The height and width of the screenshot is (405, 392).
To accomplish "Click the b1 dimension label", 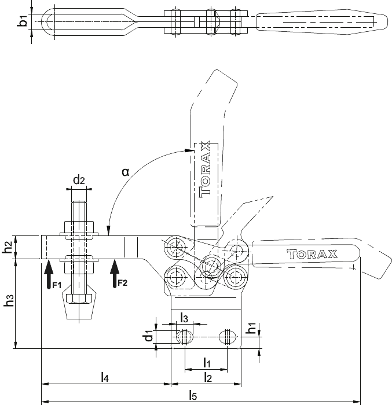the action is [23, 21].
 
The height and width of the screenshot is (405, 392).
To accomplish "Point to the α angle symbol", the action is [126, 172].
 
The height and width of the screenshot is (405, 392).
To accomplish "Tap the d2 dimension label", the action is [79, 180].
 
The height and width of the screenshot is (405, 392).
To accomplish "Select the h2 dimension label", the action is [8, 247].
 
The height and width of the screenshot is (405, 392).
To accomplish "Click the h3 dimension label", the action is [9, 300].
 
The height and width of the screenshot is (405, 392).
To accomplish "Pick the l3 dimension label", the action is [184, 318].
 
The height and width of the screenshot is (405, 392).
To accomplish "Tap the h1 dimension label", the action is [251, 328].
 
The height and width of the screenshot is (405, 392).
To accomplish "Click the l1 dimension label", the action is [207, 362].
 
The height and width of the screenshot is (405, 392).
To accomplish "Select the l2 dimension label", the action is [208, 377].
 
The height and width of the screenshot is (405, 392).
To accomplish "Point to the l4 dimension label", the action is [104, 377].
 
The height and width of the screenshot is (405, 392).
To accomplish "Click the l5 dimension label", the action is [193, 395].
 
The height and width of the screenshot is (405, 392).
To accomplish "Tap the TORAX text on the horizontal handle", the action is [312, 254].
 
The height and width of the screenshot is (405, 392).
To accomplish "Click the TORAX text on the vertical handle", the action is [205, 169].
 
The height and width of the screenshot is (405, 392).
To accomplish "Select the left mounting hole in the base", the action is [185, 337].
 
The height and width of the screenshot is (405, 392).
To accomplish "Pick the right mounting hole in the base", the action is [228, 337].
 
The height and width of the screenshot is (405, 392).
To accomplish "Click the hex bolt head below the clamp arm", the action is [79, 299].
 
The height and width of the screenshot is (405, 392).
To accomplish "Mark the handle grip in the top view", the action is [322, 22].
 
